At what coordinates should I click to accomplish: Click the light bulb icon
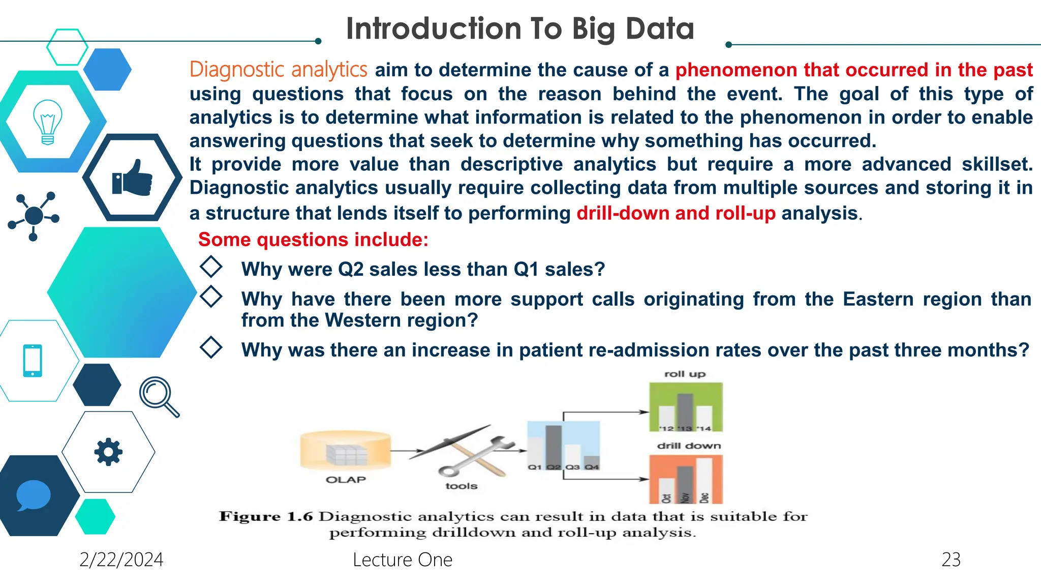pyautogui.click(x=47, y=122)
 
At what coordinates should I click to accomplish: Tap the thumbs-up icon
pyautogui.click(x=132, y=178)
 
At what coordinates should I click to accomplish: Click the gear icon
pyautogui.click(x=108, y=451)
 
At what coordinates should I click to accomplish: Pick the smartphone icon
pyautogui.click(x=33, y=361)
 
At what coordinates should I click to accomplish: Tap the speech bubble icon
pyautogui.click(x=33, y=495)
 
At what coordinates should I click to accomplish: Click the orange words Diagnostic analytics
pyautogui.click(x=278, y=70)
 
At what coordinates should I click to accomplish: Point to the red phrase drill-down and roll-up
pyautogui.click(x=676, y=213)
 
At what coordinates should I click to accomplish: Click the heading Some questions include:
pyautogui.click(x=313, y=240)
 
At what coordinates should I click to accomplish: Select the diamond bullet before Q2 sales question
pyautogui.click(x=211, y=267)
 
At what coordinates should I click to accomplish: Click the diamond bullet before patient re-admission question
pyautogui.click(x=211, y=347)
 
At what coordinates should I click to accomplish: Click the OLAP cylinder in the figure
pyautogui.click(x=346, y=450)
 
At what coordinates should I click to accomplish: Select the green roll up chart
pyautogui.click(x=686, y=407)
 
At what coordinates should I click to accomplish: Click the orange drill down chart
pyautogui.click(x=686, y=479)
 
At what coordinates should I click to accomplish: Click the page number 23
pyautogui.click(x=951, y=560)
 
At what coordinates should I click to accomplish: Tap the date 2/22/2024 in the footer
pyautogui.click(x=121, y=560)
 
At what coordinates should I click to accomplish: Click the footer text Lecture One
pyautogui.click(x=402, y=560)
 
